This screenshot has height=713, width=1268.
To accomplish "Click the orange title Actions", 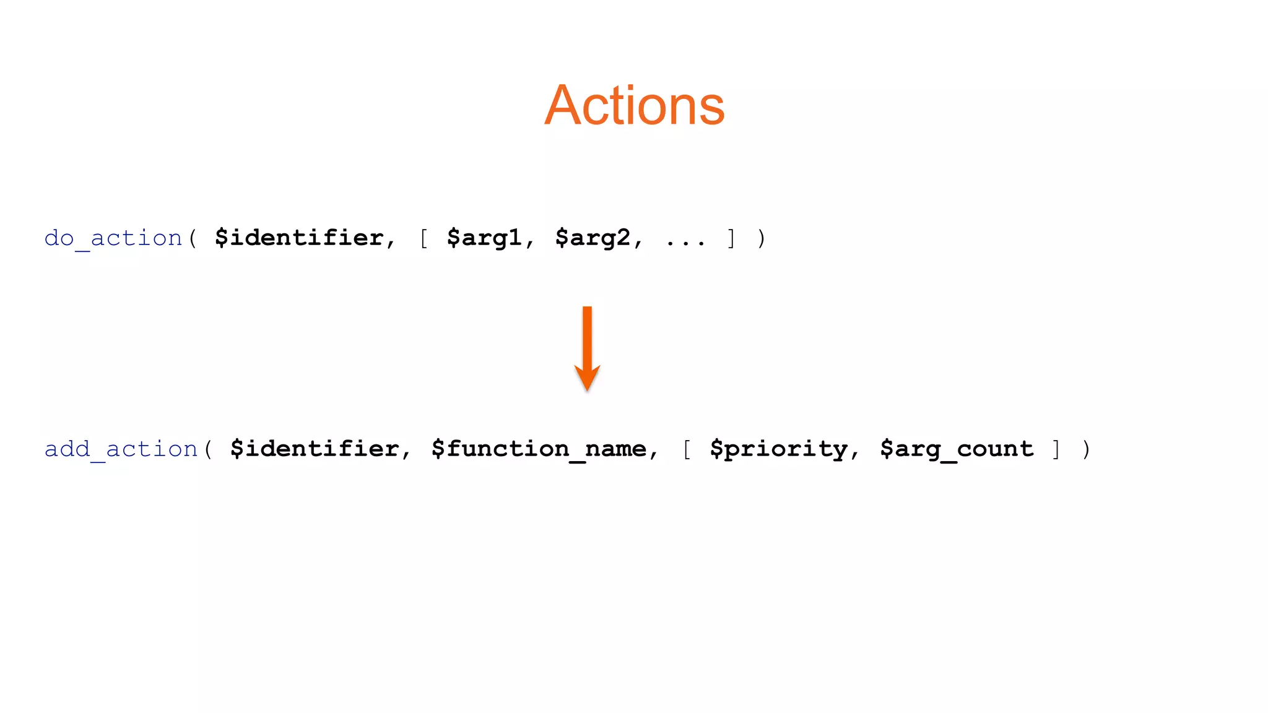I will (634, 106).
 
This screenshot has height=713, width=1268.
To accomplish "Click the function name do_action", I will (113, 238).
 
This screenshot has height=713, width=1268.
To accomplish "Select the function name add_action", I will (121, 449).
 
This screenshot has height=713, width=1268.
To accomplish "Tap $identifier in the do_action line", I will (299, 238).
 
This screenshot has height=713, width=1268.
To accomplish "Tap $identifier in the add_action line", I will (315, 449).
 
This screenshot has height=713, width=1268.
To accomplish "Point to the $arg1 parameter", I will (484, 238).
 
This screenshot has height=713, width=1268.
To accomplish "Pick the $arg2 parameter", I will (593, 238).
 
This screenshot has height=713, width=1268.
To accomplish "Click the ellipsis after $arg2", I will (685, 242).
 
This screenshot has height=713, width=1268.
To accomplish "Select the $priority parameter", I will (778, 449).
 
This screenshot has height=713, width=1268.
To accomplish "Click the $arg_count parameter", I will (957, 449).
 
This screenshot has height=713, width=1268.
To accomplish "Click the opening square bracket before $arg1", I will (424, 238).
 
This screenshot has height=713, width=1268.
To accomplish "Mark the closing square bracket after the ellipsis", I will (732, 238).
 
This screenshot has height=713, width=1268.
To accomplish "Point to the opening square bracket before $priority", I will (687, 449).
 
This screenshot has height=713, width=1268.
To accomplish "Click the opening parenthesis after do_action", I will (193, 238).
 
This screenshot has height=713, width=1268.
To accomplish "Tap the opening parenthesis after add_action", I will (208, 449).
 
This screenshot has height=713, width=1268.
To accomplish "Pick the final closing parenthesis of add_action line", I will (1087, 449).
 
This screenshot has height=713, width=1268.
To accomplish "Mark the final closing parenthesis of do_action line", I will (762, 238).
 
